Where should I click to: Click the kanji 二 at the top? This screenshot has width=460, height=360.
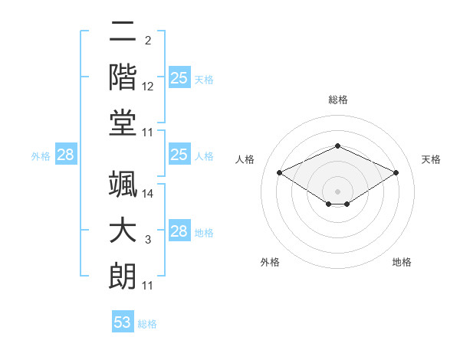[123, 31]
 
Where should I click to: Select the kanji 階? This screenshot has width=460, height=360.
[123, 77]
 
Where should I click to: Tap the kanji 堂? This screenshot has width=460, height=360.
[123, 123]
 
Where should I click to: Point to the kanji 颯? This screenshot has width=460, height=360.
[123, 184]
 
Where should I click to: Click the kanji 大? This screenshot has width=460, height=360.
[123, 230]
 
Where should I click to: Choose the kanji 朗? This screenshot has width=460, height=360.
[123, 276]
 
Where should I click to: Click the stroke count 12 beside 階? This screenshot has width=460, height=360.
[147, 87]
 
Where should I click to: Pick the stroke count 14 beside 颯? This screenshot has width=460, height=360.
[147, 194]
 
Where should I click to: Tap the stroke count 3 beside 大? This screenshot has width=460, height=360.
[148, 240]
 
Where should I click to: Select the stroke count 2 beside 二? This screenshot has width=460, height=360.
[148, 41]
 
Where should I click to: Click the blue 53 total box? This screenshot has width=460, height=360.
[123, 321]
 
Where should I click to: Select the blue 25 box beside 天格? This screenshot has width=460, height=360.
[179, 77]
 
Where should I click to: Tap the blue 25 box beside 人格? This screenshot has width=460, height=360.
[179, 154]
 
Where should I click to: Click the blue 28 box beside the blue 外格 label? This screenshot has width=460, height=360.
[66, 154]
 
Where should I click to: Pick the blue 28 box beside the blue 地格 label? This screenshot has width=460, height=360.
[179, 230]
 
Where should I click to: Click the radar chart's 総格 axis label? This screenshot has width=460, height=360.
[338, 100]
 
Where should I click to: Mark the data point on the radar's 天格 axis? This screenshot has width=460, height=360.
[396, 172]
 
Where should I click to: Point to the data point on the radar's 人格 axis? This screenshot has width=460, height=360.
[280, 172]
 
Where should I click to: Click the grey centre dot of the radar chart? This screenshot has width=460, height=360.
[337, 191]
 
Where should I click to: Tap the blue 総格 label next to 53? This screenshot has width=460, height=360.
[147, 324]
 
